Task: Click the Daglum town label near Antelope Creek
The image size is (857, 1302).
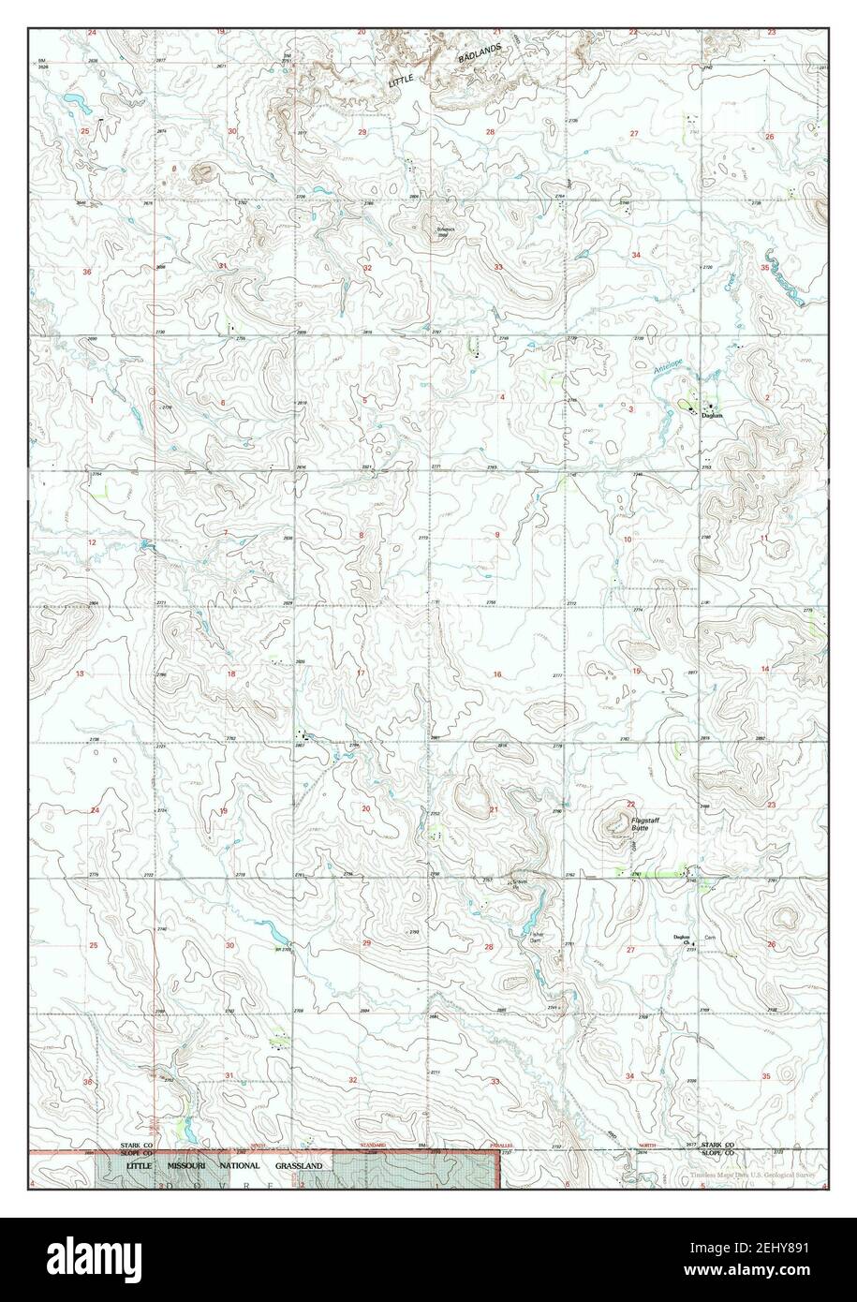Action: click(716, 415)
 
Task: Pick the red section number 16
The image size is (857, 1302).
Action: click(497, 674)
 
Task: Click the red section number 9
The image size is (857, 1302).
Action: click(497, 535)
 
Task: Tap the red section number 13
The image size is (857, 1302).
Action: click(81, 674)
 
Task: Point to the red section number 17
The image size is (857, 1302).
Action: click(361, 673)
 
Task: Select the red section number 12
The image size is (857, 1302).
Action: click(93, 543)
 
